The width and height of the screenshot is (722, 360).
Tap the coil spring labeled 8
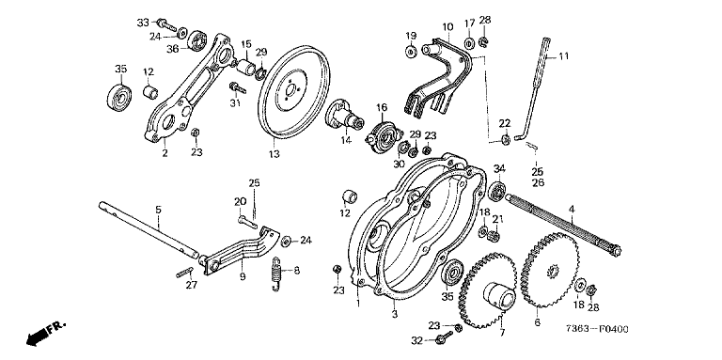click(276, 274)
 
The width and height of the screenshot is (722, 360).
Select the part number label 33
click(143, 23)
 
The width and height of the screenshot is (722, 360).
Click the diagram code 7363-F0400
click(597, 329)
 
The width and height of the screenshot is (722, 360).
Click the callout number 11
click(564, 56)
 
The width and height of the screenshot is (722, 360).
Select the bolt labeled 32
click(445, 337)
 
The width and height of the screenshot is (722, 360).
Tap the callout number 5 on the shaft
click(158, 210)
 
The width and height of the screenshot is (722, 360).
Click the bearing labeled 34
click(497, 191)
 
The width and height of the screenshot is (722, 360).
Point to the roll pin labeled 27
click(184, 272)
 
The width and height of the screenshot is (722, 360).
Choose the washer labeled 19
click(410, 51)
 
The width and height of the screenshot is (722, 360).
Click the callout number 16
click(382, 108)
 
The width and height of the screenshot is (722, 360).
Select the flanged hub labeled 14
click(344, 116)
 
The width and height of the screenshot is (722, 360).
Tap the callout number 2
click(165, 153)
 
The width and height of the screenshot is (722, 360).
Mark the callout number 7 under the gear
click(502, 332)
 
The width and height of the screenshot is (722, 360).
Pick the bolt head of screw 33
click(162, 22)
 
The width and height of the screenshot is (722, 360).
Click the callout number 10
click(447, 26)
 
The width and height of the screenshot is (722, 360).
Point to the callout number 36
click(173, 48)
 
